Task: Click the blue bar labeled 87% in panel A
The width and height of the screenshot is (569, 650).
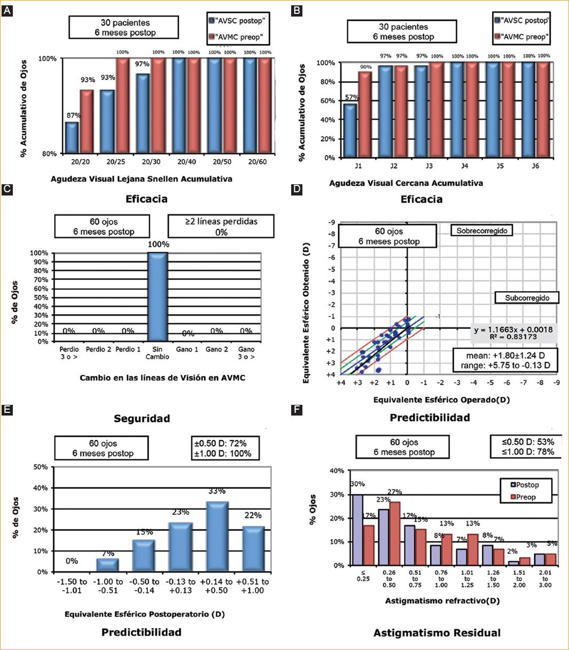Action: pos(72,137)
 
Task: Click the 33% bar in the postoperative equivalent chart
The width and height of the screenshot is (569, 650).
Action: pos(216,536)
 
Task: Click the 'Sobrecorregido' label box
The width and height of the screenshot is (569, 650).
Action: pos(482,231)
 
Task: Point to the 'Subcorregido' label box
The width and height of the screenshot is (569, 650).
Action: pos(527,297)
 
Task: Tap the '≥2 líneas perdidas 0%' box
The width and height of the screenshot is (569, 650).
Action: pos(221,226)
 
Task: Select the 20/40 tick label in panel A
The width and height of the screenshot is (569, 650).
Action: pos(186,161)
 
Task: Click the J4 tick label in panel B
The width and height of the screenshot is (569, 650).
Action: pos(464,166)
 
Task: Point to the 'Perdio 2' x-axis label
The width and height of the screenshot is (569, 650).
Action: pos(98,349)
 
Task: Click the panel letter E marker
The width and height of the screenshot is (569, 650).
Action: pos(7,410)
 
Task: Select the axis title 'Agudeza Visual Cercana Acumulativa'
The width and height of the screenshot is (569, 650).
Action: pos(406,183)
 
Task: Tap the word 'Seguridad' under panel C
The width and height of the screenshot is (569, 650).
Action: pos(142,418)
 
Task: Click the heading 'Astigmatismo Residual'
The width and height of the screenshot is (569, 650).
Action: pos(437,633)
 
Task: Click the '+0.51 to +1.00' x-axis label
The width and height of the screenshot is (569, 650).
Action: pos(253,586)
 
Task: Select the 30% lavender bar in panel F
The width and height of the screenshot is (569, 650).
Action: pos(357,529)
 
